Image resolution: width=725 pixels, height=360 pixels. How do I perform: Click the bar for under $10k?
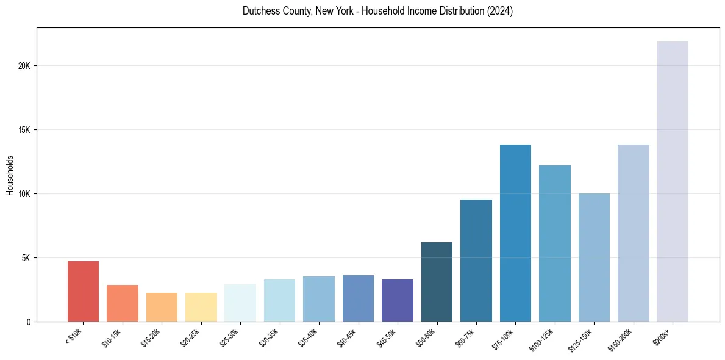click(83, 292)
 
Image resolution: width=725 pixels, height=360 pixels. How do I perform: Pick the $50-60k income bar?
click(437, 282)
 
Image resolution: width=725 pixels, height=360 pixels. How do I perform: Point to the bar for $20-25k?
click(201, 307)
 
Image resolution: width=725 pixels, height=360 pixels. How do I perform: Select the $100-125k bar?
click(555, 243)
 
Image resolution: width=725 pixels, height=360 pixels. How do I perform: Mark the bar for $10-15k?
click(123, 303)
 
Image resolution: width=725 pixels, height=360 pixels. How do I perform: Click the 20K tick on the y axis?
click(24, 66)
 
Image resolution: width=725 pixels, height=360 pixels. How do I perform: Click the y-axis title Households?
click(10, 175)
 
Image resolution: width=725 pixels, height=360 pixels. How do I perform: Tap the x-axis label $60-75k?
click(465, 337)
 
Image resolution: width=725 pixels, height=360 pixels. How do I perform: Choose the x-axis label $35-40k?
click(307, 337)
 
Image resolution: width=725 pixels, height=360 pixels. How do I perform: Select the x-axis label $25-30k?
click(229, 337)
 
